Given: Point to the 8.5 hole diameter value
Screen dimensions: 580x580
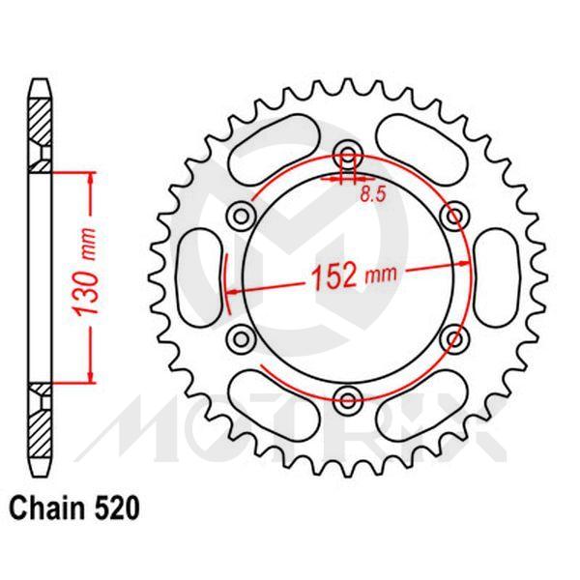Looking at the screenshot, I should [374, 194].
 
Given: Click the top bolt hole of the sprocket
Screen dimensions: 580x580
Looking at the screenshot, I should [348, 153].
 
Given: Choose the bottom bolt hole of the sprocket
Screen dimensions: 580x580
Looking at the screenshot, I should [348, 396].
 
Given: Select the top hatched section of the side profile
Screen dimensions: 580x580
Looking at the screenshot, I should [39, 126].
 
